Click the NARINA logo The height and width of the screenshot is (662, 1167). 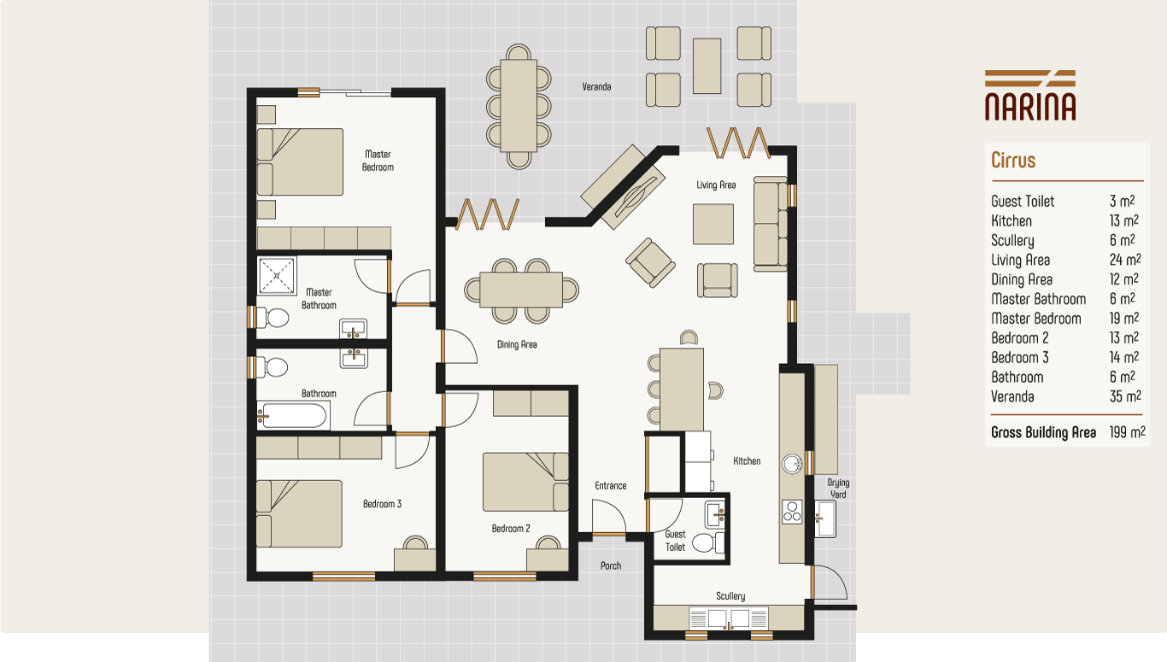tap(1029, 95)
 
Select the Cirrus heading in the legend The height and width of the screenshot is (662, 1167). tap(1013, 161)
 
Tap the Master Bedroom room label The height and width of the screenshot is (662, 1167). tap(378, 161)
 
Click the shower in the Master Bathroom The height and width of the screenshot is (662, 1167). tap(277, 276)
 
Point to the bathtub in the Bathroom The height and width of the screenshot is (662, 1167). tap(293, 416)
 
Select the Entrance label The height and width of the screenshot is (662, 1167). tap(610, 486)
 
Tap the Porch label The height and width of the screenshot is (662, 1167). tap(611, 565)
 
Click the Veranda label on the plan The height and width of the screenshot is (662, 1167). tap(596, 87)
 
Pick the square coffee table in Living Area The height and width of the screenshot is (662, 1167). tap(713, 224)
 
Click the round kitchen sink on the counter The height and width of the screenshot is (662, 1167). tap(793, 464)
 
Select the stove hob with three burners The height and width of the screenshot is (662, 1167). tap(792, 511)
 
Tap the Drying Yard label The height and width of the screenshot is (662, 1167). tap(838, 489)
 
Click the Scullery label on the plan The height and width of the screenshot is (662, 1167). tap(730, 596)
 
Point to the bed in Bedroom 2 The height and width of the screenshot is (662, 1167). tap(525, 482)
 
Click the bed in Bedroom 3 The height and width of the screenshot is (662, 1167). tap(299, 513)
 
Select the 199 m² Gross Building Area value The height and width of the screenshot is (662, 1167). tap(1126, 432)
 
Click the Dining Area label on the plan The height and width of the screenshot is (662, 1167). tap(517, 345)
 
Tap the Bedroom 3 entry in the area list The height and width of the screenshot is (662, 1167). tap(1020, 358)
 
